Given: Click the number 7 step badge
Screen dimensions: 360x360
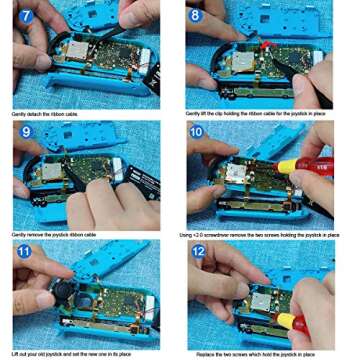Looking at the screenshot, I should pos(25,17).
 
